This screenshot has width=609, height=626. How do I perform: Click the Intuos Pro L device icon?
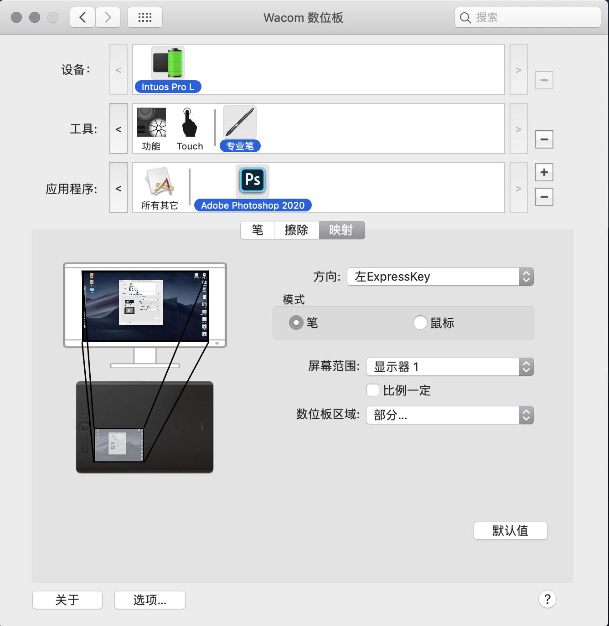click(168, 63)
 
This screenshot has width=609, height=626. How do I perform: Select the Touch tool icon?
click(189, 122)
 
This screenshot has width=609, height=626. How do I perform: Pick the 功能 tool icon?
click(151, 122)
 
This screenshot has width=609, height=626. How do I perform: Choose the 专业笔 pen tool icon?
click(240, 122)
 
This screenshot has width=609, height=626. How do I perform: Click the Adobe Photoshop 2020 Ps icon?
click(253, 180)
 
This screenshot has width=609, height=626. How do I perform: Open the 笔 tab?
click(258, 230)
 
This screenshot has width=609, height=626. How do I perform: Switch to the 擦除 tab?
click(296, 230)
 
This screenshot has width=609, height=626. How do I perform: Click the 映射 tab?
click(341, 230)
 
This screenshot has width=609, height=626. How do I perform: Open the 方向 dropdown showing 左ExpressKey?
click(440, 277)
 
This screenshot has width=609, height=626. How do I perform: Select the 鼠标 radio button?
click(420, 323)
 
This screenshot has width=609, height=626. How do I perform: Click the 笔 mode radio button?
click(296, 323)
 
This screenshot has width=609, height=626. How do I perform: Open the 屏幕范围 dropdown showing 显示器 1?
click(449, 367)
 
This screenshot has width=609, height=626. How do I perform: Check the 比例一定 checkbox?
click(373, 390)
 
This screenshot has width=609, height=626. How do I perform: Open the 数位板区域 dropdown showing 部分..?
click(449, 415)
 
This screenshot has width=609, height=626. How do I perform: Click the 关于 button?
click(67, 600)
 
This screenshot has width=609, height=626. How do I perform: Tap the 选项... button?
click(150, 600)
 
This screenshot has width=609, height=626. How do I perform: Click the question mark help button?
click(547, 599)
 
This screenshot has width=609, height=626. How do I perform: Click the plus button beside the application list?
click(544, 172)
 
